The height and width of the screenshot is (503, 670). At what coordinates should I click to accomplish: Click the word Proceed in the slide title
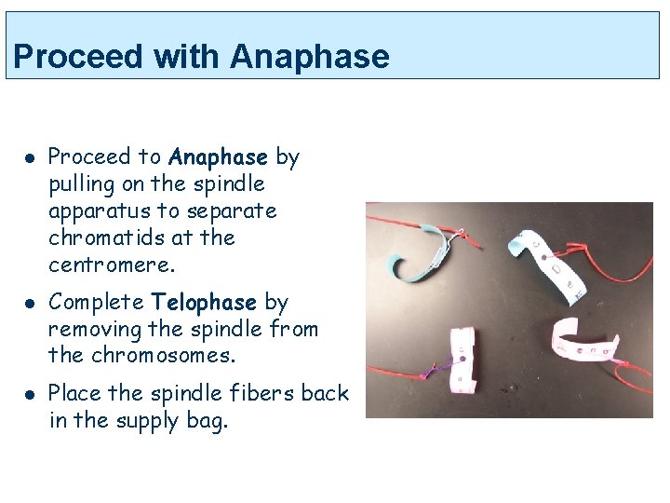coord(79,57)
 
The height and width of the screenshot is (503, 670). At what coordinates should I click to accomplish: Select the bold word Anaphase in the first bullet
coord(218,156)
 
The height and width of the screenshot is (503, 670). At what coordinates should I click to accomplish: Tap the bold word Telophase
coord(204,302)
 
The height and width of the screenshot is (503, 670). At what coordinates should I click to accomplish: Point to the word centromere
coord(111,265)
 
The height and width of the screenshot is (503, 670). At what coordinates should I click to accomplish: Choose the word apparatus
coord(103,211)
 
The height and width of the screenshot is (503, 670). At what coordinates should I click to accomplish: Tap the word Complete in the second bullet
coord(95,302)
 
